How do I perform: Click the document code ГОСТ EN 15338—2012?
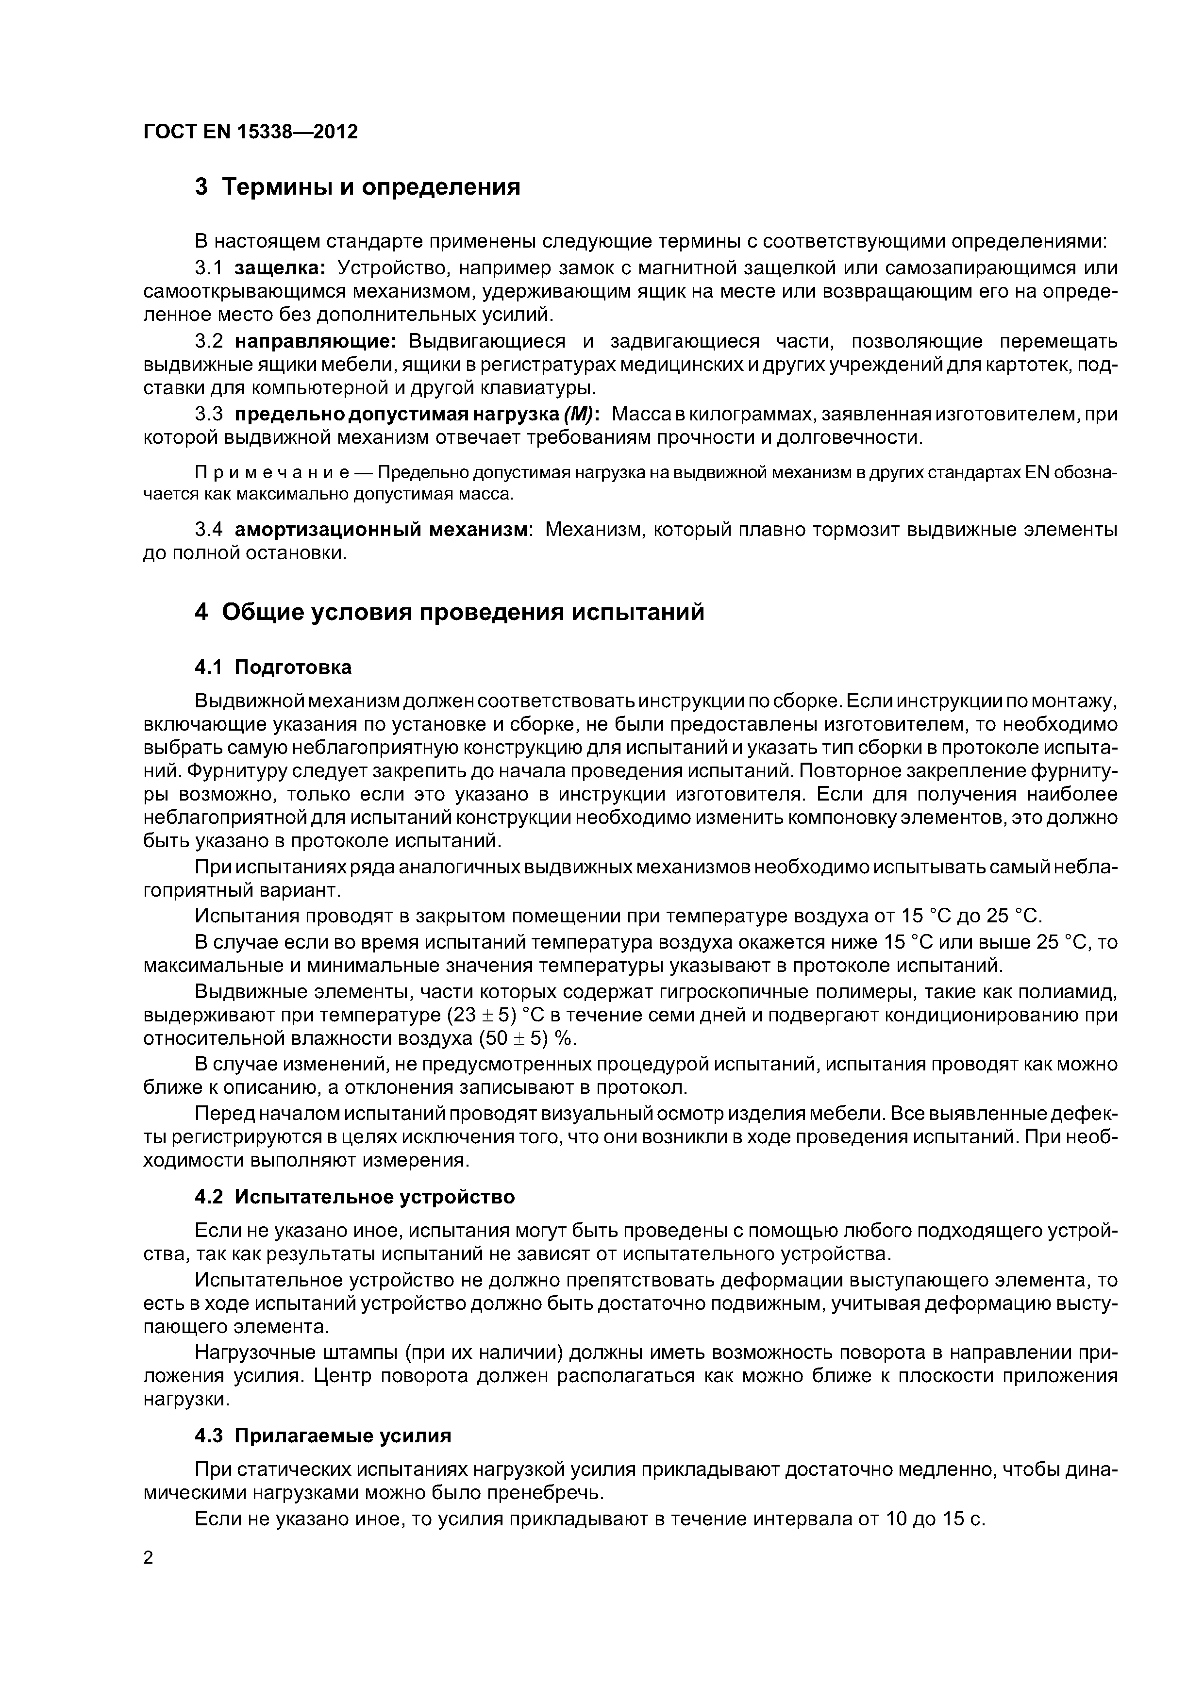point(250,132)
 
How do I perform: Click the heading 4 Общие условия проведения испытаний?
point(449,613)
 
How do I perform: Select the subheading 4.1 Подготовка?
point(273,668)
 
